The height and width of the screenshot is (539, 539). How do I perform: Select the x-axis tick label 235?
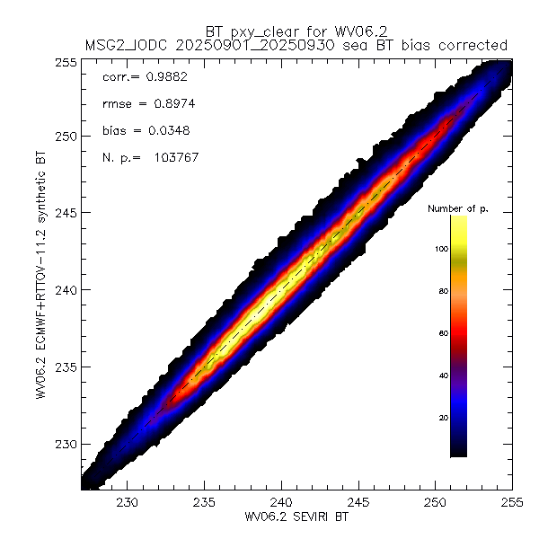pyautogui.click(x=206, y=502)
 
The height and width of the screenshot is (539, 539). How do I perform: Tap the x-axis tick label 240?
pyautogui.click(x=282, y=502)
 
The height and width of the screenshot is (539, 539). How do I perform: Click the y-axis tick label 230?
pyautogui.click(x=66, y=444)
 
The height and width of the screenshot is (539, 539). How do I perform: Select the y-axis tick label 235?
pyautogui.click(x=66, y=367)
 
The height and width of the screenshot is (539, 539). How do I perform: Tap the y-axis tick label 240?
pyautogui.click(x=66, y=290)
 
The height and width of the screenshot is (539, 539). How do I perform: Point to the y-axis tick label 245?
pyautogui.click(x=66, y=213)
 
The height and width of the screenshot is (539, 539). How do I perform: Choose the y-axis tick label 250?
pyautogui.click(x=66, y=137)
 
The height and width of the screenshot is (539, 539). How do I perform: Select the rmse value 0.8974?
pyautogui.click(x=163, y=104)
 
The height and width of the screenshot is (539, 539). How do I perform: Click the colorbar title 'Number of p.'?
pyautogui.click(x=457, y=209)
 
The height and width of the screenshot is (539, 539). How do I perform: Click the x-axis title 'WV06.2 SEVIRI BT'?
pyautogui.click(x=282, y=517)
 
